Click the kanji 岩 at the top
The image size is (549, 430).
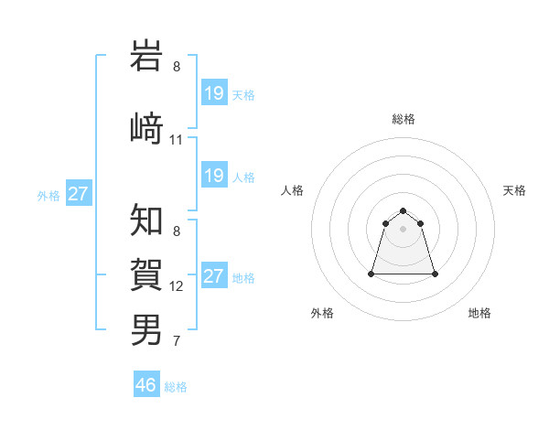coord(147,57)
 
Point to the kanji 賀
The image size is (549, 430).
coord(147,274)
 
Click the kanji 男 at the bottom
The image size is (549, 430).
coord(147,328)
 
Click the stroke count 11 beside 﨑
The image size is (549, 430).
coord(177,140)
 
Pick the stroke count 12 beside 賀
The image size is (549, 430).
coord(177,286)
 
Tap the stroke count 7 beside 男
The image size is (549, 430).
coord(177,342)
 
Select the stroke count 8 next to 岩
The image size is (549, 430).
coord(177,67)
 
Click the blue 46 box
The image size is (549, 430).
coord(146,385)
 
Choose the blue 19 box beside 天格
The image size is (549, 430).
coord(214,92)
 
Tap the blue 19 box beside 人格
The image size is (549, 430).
coord(214,175)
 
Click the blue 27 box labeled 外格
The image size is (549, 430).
coord(79,194)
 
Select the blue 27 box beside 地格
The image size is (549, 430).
coord(214,276)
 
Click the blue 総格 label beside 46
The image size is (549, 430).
coord(176,387)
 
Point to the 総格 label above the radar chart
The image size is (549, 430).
coord(404,119)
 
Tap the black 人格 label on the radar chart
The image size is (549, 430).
coord(293,190)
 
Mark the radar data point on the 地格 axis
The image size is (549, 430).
coord(435,274)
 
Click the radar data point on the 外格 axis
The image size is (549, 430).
coord(372,274)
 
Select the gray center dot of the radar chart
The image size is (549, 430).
coord(404,229)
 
